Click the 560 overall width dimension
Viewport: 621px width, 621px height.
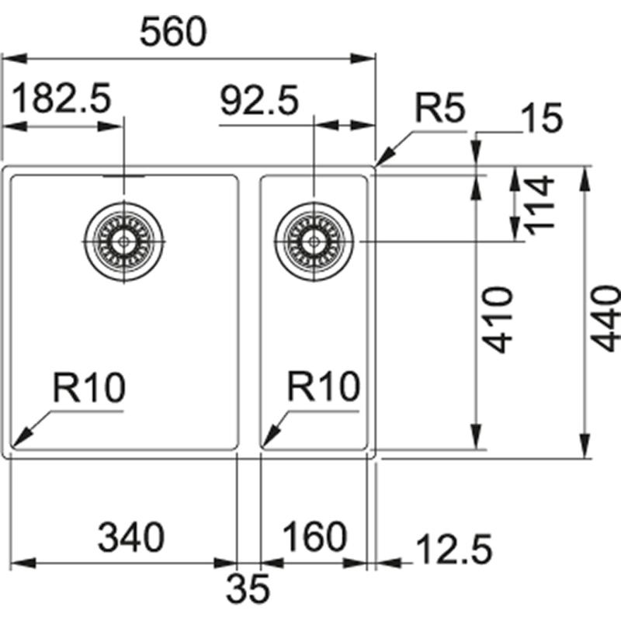pos(175,32)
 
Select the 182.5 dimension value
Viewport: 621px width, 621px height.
pos(62,100)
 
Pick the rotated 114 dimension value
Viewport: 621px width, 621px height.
pos(538,203)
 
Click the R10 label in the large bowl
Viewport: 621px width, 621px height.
pos(88,387)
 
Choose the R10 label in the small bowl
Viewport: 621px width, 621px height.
pos(322,387)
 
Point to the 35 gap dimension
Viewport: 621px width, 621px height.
pos(248,588)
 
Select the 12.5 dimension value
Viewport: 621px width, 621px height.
pos(454,550)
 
